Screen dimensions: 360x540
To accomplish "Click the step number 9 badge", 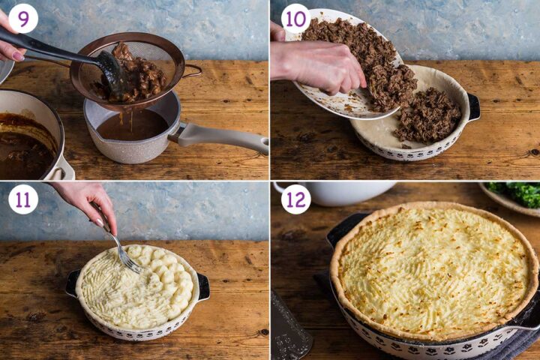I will [23, 19].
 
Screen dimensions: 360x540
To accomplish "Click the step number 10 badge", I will [295, 19].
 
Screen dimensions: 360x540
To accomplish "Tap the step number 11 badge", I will [23, 199].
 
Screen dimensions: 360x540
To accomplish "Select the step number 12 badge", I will [295, 199].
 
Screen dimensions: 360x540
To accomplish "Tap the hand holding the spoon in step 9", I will [10, 49].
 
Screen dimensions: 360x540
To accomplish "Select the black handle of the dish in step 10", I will [474, 106].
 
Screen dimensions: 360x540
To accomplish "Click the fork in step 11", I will [120, 247].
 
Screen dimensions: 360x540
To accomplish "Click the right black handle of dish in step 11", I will [203, 286].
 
